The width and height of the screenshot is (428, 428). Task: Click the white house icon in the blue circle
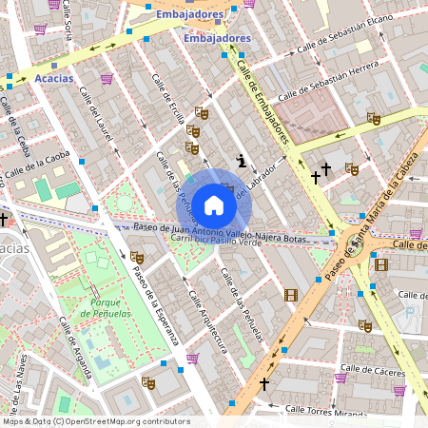(214, 204)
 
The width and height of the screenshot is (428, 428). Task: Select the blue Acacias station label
(53, 78)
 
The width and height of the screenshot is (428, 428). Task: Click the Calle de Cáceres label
(373, 367)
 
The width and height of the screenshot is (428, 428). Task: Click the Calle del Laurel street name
(96, 115)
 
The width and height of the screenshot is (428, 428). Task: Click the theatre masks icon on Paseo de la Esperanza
(136, 257)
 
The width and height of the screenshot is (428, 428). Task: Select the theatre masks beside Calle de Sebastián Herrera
(374, 118)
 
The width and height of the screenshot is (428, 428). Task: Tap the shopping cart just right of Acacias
(107, 79)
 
